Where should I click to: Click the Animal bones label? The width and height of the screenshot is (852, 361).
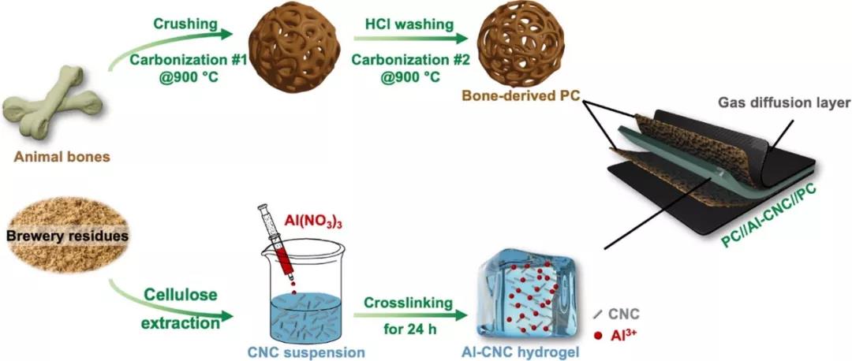[62, 158]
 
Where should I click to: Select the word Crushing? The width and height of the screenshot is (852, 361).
[185, 24]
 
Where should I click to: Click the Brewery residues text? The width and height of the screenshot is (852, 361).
[68, 236]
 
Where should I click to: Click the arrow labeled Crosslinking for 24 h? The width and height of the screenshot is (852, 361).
[410, 314]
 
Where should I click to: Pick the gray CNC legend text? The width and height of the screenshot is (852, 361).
[624, 314]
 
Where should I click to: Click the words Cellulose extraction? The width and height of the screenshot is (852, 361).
[181, 309]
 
